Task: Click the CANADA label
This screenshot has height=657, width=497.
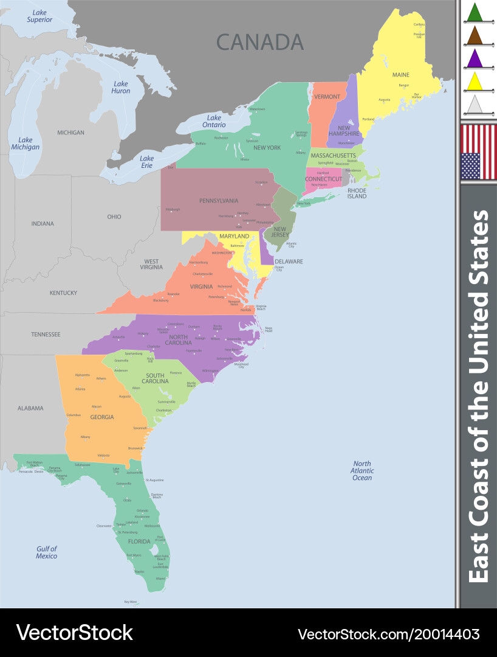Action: pos(260,42)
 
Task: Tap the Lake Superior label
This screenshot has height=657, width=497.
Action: pos(39,16)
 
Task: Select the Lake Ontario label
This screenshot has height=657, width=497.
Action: pos(214,121)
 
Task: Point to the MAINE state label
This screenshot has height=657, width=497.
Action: pos(401,75)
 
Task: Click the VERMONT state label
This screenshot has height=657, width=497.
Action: pos(327,97)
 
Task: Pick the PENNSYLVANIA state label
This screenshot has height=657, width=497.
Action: pos(219,201)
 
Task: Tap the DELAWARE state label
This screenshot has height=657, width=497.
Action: pos(289,262)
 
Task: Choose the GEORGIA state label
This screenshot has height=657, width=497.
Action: pos(102,417)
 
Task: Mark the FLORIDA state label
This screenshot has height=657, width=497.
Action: pos(139,541)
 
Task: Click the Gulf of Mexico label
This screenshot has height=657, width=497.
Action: pos(46,552)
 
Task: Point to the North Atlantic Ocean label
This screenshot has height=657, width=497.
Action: pos(362,470)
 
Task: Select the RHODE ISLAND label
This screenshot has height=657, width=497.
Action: pos(357,193)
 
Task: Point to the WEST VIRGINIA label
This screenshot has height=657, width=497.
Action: pos(151,264)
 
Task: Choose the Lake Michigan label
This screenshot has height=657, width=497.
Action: pos(25,144)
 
